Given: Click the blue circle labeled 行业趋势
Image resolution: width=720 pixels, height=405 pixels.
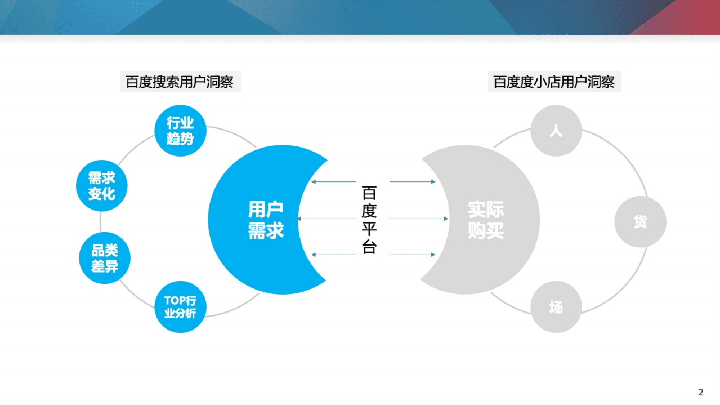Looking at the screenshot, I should pos(180,131).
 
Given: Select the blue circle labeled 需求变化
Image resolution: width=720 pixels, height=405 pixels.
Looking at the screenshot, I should pos(102,186).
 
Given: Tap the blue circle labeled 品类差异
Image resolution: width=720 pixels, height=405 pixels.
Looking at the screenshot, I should pos(105,259).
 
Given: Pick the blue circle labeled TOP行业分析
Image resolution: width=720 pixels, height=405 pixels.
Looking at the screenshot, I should pos(180,307).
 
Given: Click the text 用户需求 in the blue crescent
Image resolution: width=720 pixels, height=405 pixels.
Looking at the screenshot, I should pos(266,220).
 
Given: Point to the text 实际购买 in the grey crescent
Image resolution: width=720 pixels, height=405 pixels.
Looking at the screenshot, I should pos(486,220).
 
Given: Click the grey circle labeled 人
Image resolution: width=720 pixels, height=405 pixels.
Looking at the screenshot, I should pos(556,131).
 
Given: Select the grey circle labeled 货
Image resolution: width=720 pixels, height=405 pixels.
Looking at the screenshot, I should pos(640,221).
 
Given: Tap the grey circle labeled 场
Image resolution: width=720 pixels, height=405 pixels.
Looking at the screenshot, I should pos(556,307).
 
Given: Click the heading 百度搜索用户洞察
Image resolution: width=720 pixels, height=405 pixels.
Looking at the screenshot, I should pos(180,82).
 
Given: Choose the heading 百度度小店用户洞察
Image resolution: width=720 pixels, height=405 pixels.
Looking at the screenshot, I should pos(554,82).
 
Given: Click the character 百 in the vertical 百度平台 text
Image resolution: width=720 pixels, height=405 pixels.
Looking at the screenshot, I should pos(369,193).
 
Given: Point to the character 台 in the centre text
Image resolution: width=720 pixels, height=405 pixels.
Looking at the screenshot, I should pos(369,247).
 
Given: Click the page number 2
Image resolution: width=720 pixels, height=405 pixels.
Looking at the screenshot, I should pos(701,393).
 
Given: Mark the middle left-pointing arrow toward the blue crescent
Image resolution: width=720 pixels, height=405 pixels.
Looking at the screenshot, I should pos(327,219).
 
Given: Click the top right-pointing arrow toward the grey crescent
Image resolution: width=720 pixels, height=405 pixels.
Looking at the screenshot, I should pos(413,182).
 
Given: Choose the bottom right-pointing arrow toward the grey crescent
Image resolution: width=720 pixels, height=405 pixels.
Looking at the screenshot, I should pos(413,255).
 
